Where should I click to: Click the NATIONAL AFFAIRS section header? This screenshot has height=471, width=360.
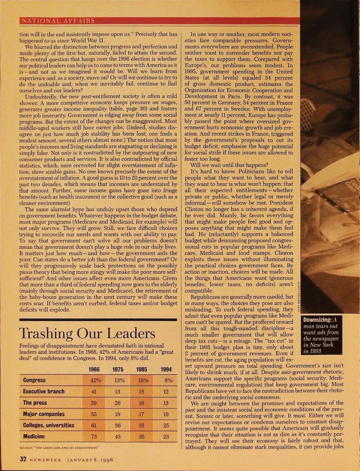tap(58, 21)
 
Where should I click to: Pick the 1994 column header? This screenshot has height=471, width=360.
tap(166, 369)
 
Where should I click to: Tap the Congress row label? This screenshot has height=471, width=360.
tap(34, 380)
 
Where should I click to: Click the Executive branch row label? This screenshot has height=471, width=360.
tap(44, 392)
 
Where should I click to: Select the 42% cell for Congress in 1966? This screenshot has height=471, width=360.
tap(95, 380)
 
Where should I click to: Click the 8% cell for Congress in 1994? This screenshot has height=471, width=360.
tap(168, 380)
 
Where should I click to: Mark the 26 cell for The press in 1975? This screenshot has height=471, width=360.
tap(118, 403)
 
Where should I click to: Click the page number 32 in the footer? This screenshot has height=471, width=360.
tap(23, 459)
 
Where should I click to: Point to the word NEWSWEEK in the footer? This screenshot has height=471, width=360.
tap(46, 459)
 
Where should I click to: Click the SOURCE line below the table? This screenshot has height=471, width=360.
tap(60, 447)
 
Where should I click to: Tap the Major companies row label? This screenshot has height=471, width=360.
tap(44, 414)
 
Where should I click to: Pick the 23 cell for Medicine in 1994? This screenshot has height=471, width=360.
tap(168, 436)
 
